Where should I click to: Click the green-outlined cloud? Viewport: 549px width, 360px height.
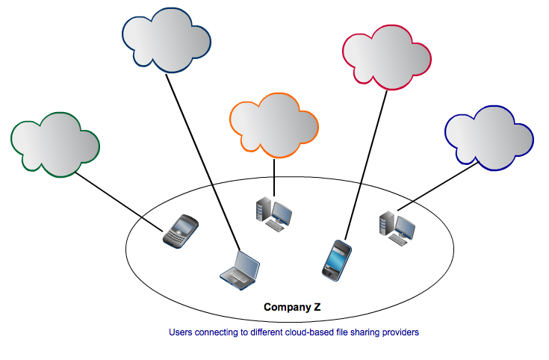click(54, 144)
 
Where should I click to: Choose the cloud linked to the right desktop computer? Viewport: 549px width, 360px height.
click(488, 140)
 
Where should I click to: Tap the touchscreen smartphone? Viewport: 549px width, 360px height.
click(335, 259)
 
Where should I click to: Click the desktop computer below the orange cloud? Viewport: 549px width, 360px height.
click(273, 214)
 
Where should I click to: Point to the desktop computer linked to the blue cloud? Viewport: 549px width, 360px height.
click(396, 226)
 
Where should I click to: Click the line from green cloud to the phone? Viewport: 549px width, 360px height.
click(120, 199)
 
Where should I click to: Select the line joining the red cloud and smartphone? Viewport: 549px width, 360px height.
click(366, 164)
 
